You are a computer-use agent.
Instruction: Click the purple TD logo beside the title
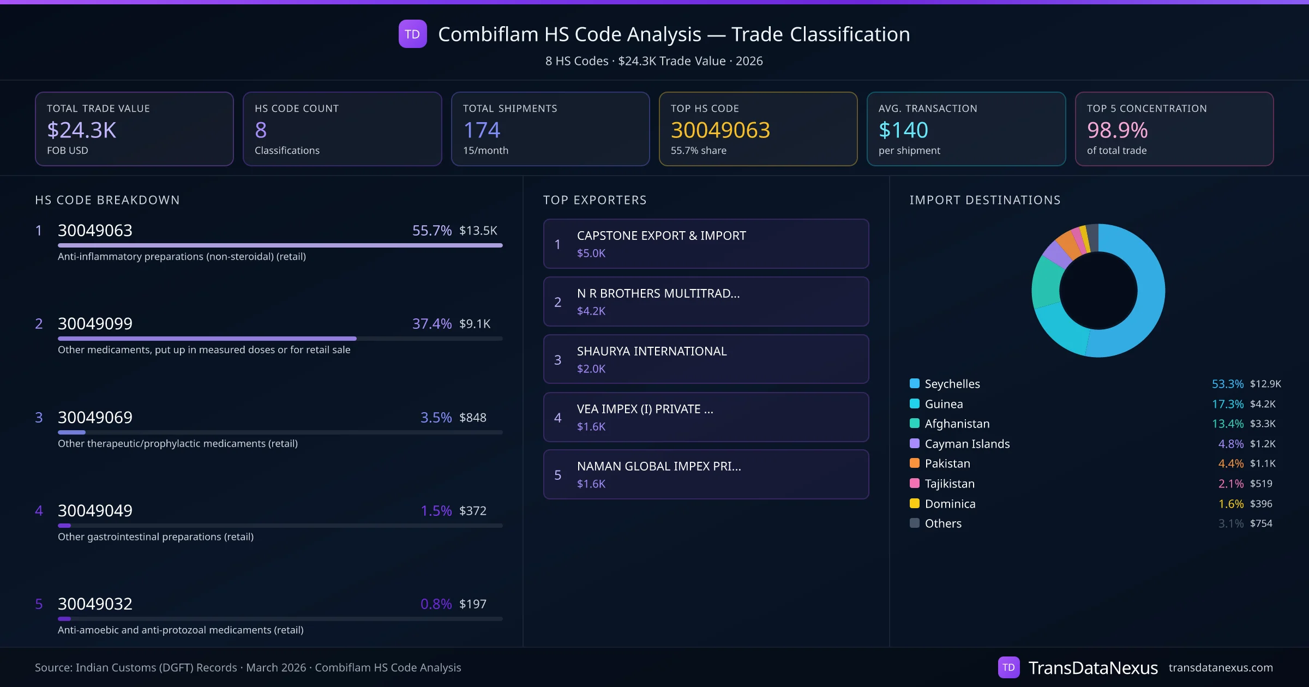click(412, 34)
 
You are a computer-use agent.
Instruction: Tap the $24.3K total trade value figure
click(81, 130)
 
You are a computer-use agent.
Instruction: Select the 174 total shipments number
click(482, 130)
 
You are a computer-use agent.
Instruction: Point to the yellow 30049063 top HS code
click(720, 130)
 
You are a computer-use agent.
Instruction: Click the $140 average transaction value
click(903, 130)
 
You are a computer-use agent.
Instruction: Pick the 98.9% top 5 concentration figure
click(1117, 130)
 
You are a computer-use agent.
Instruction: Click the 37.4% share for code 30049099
click(431, 324)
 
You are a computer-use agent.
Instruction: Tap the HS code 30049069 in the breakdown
click(95, 418)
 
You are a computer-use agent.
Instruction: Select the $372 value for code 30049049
click(473, 511)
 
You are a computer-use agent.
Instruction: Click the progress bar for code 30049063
click(280, 245)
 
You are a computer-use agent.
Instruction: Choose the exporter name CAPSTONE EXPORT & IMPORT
click(661, 236)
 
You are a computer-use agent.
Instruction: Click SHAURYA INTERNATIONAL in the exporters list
click(652, 351)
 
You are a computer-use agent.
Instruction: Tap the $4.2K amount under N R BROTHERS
click(591, 311)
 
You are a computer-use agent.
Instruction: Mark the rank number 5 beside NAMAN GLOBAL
click(557, 475)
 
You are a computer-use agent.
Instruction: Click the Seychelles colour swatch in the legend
click(915, 383)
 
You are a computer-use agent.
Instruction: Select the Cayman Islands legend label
click(967, 444)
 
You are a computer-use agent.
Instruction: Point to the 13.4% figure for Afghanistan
click(1227, 424)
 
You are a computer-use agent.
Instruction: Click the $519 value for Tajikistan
click(1261, 484)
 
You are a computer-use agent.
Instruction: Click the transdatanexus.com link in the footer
click(1221, 667)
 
